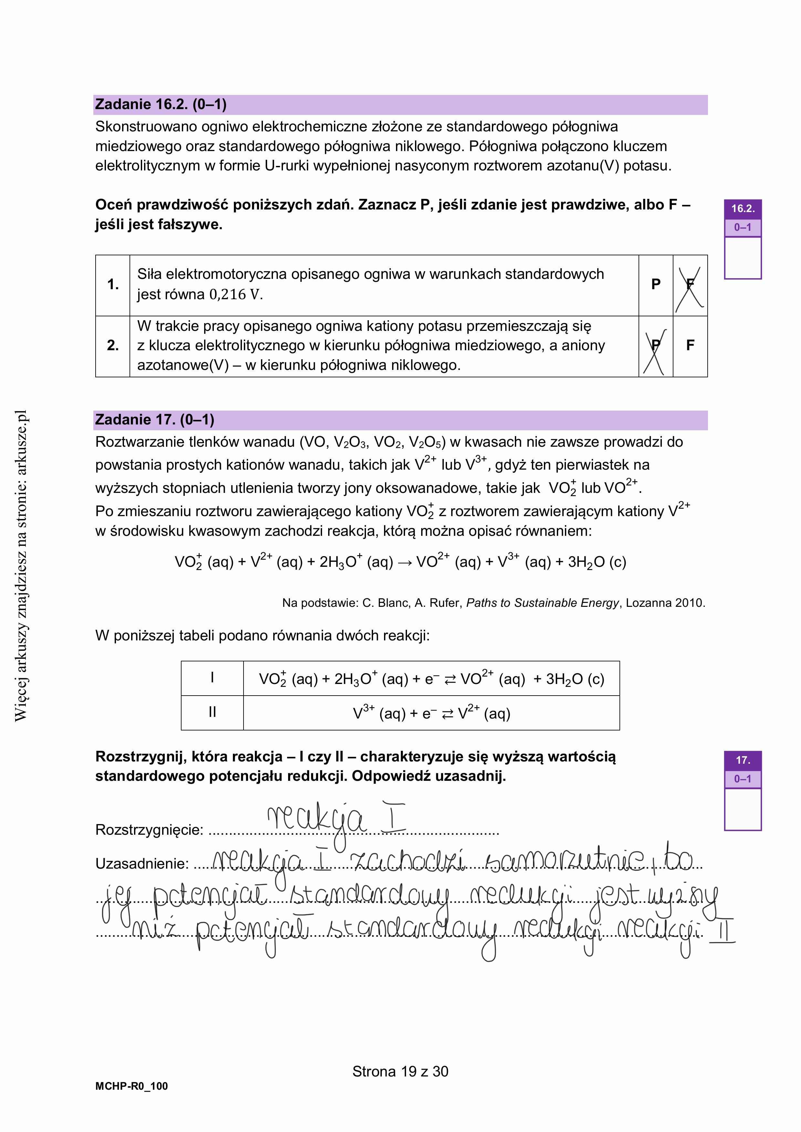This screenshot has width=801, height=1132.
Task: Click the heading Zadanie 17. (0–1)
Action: click(x=154, y=420)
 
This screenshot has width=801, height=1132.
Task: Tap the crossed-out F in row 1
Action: click(x=690, y=284)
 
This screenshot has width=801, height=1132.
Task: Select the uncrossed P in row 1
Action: click(x=656, y=284)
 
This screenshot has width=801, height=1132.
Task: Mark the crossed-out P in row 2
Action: click(x=656, y=346)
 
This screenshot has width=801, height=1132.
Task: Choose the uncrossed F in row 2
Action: click(x=690, y=346)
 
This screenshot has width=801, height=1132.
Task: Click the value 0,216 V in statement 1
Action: click(x=236, y=295)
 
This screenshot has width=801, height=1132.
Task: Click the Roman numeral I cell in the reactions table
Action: click(x=212, y=678)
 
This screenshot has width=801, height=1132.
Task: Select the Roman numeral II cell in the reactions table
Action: click(x=212, y=712)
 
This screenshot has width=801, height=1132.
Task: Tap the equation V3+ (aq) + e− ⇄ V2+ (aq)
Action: click(x=431, y=713)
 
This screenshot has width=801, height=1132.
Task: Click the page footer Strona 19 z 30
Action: click(x=400, y=1071)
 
